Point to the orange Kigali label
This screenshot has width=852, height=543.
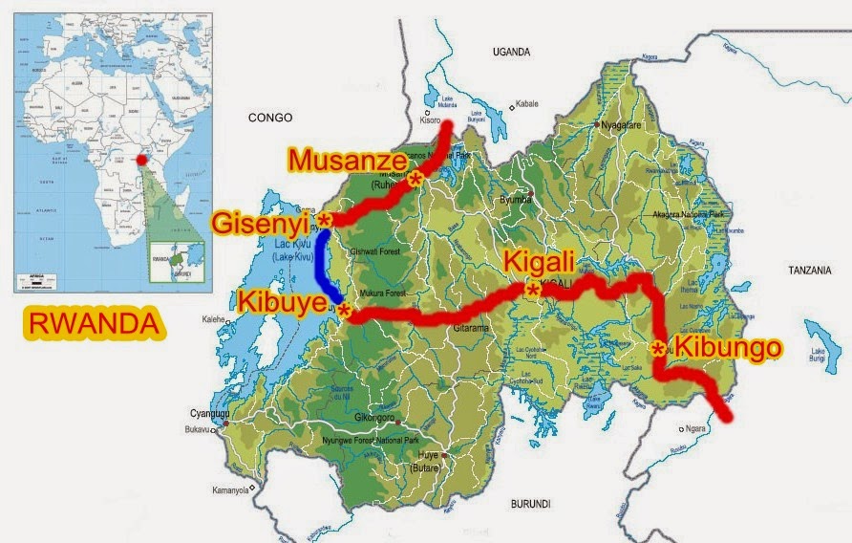[x=541, y=261]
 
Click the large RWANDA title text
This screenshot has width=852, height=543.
[x=93, y=323]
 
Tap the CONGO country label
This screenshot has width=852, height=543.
[x=268, y=118]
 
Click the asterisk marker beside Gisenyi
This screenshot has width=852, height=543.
[x=325, y=221]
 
